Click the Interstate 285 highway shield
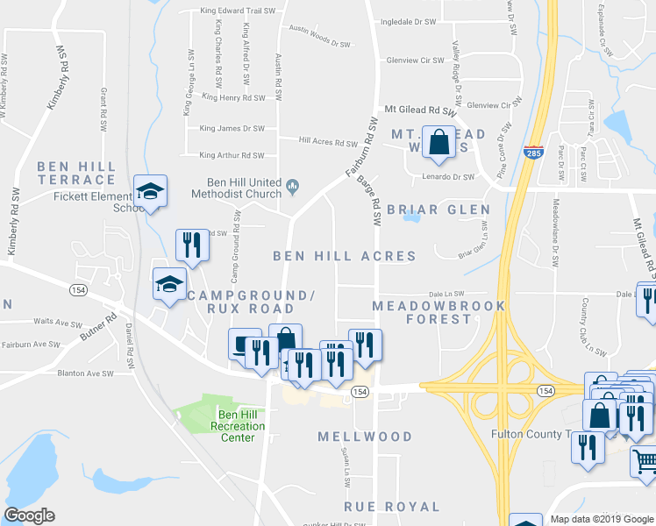pos(533,153)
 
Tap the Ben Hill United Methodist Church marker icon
pos(293,184)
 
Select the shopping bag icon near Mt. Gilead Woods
pos(438,141)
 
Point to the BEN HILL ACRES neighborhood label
pos(344,256)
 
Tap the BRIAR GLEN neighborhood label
pos(439,210)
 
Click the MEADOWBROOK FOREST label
pos(439,312)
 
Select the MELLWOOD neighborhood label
pos(365,437)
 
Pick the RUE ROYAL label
pos(392,507)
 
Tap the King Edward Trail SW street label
pos(238,11)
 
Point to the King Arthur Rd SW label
pos(232,155)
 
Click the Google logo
pos(29,515)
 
